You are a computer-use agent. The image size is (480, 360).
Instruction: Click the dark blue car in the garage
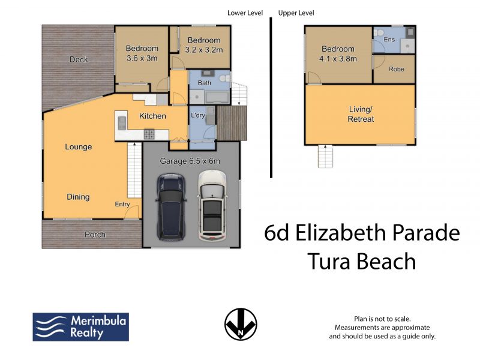[x=171, y=207]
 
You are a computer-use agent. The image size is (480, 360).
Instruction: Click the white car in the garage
[x=212, y=205]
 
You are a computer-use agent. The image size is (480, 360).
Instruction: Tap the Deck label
[x=79, y=59]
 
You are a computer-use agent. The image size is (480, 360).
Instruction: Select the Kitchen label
[x=152, y=116]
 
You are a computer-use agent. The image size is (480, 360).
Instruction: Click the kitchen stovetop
[x=149, y=134]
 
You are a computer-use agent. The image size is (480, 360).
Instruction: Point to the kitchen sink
[x=122, y=123]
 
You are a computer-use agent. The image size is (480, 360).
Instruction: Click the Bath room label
[x=205, y=83]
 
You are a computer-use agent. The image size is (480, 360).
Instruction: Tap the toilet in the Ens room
[x=379, y=32]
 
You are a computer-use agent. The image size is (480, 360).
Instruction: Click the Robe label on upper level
[x=397, y=69]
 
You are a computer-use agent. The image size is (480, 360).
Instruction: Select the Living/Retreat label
[x=361, y=114]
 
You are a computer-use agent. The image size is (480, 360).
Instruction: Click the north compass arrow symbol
[x=241, y=324]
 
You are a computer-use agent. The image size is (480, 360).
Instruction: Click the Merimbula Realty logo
[x=81, y=327]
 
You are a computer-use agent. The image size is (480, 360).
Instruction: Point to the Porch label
[x=95, y=235]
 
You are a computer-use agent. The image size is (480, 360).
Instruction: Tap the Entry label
[x=122, y=204]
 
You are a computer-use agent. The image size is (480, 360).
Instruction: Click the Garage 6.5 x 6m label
[x=190, y=161]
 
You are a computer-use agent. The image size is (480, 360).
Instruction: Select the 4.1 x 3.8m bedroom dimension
[x=338, y=59]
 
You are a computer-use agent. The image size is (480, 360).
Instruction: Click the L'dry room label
[x=198, y=115]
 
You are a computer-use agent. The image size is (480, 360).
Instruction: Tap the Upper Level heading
[x=296, y=13]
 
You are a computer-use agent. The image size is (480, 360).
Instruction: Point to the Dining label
[x=78, y=197]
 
